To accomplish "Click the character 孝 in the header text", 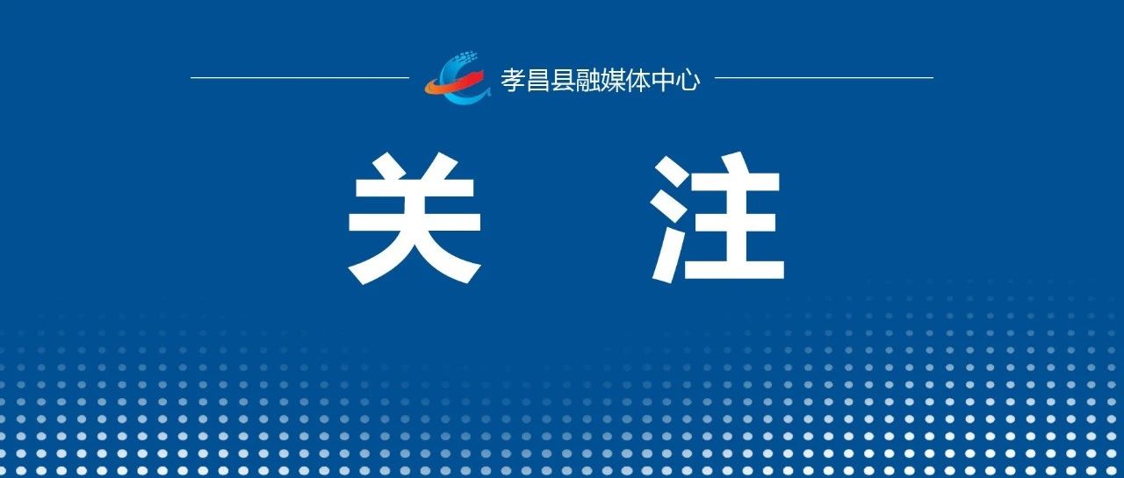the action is (x=513, y=80).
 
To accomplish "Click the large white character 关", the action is (x=414, y=218).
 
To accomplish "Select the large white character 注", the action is (x=717, y=218).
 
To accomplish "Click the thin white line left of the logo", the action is (x=300, y=78).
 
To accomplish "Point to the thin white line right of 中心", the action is (x=824, y=78).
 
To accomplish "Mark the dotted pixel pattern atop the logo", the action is (x=465, y=59).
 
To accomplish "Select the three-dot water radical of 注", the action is (x=672, y=218).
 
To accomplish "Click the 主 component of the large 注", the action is (x=738, y=218).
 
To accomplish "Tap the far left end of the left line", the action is (x=191, y=78).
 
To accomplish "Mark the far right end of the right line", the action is (x=933, y=78).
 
